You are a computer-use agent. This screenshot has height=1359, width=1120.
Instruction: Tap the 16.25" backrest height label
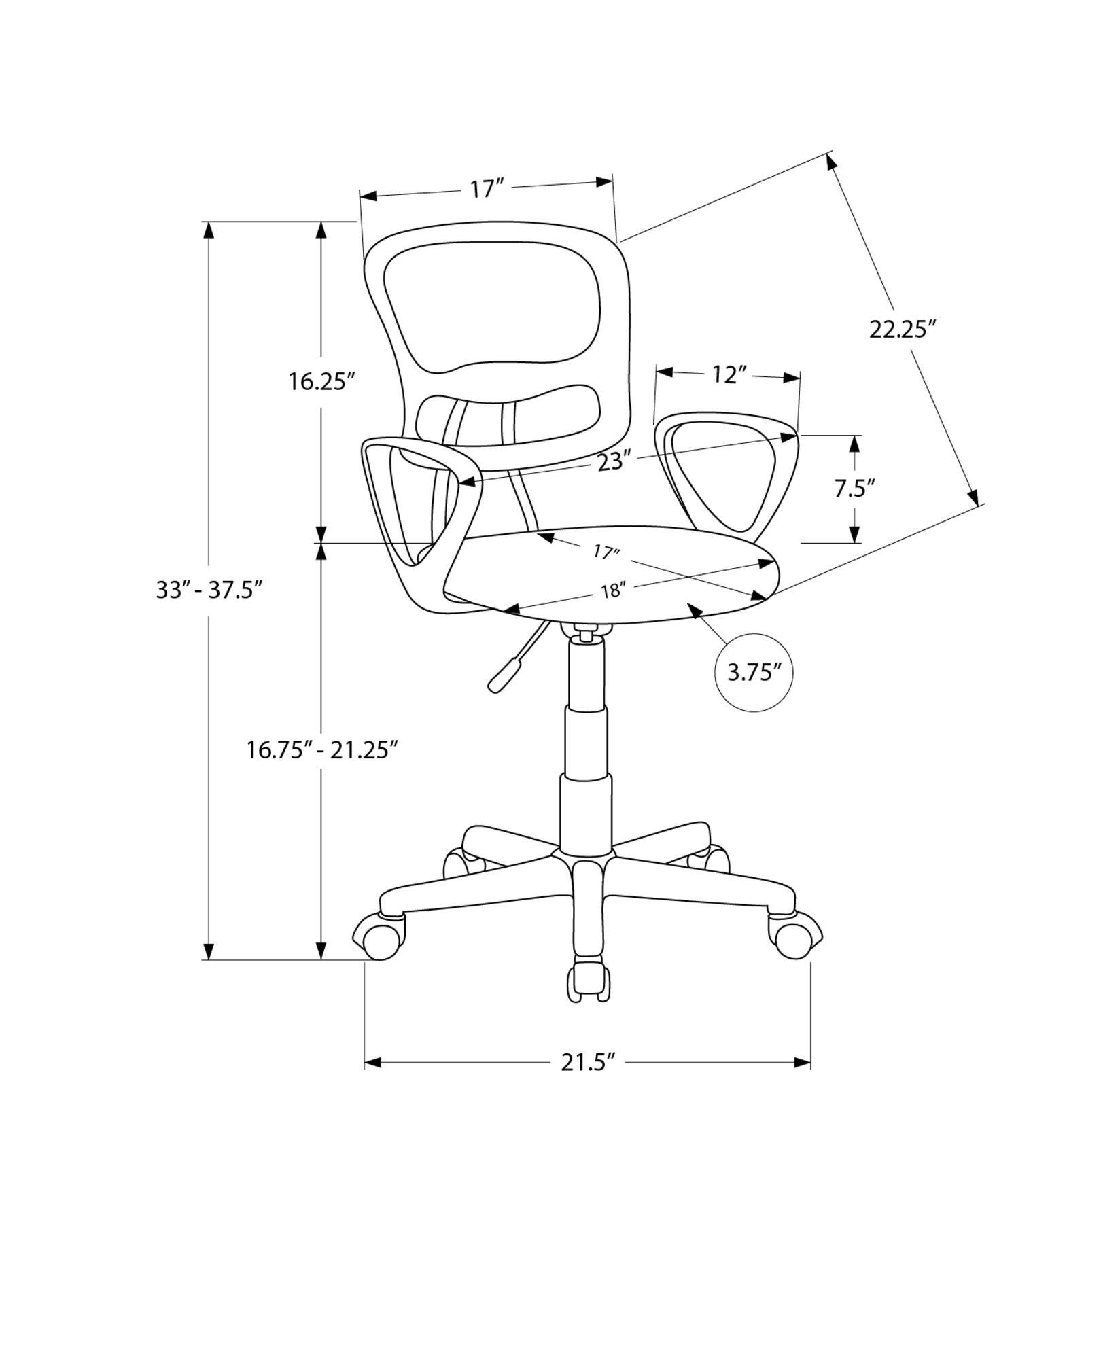click(322, 381)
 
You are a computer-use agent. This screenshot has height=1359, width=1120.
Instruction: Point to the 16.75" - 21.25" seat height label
click(322, 750)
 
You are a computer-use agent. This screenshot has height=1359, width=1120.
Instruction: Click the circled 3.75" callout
click(754, 673)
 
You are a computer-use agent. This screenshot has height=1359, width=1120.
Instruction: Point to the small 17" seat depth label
click(605, 551)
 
